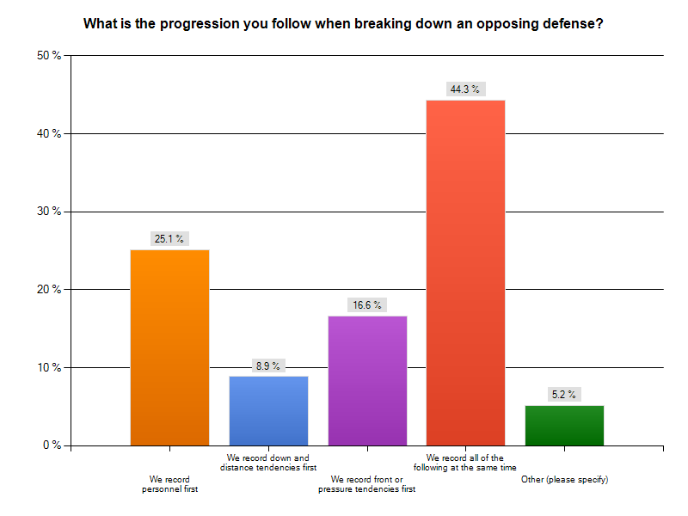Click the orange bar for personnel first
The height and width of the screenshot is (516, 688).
169,347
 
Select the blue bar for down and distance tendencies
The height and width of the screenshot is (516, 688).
268,411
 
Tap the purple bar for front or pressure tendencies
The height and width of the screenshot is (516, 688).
367,381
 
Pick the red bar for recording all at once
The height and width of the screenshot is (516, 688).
465,273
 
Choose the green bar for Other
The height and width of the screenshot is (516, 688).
564,425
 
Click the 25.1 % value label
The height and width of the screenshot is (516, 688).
169,239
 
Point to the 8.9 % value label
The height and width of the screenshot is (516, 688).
268,365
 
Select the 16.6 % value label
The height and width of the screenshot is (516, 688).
367,305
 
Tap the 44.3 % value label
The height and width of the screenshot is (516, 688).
465,89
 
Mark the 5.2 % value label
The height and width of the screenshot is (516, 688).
564,395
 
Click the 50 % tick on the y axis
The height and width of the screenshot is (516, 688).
47,56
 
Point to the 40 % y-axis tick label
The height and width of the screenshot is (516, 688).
47,133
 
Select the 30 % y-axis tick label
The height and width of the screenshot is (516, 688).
47,212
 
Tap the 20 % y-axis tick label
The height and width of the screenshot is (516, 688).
47,290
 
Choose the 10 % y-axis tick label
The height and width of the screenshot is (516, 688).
47,368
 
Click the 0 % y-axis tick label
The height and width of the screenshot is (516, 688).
51,445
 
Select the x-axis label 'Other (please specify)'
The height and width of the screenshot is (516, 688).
564,479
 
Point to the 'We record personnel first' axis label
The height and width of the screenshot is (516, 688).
169,484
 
